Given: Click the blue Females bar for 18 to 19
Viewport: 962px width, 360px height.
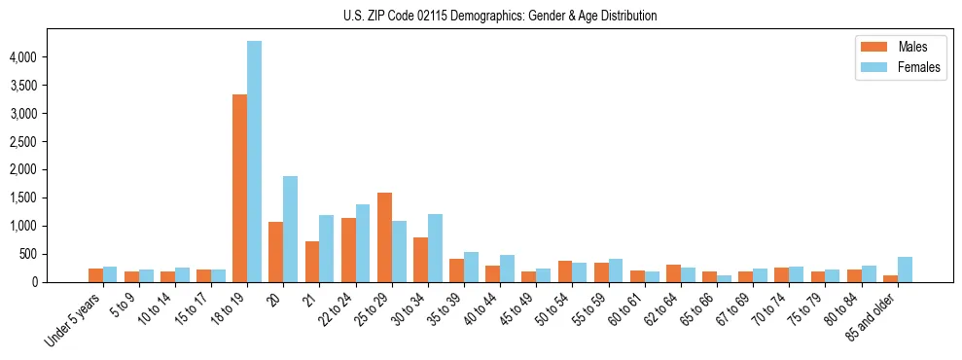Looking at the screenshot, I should [x=254, y=162].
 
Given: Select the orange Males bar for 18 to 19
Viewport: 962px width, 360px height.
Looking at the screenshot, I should [x=239, y=188].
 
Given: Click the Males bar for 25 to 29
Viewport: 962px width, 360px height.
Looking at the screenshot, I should [x=383, y=237].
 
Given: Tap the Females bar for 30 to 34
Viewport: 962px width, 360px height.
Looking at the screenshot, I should [x=435, y=248].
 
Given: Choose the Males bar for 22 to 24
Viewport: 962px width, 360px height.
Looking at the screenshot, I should [x=347, y=250].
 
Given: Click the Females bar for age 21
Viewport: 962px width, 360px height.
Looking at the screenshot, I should [x=326, y=248].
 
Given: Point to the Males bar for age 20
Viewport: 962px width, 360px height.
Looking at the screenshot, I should [x=275, y=252].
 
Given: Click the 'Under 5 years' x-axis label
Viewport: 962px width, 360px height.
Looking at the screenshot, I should [x=76, y=321].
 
